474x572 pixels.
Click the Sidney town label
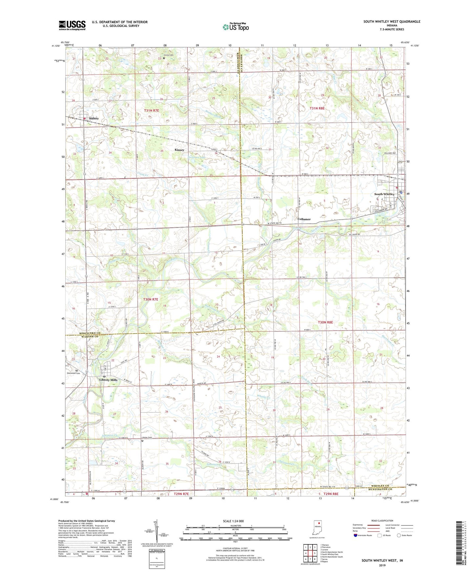click(94, 118)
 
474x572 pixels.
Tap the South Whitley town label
click(384, 194)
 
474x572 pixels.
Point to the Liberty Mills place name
click(108, 380)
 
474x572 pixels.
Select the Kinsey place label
click(179, 150)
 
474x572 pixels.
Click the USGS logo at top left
click(72, 25)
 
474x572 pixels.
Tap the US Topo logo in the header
click(235, 27)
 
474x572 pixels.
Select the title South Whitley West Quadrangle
click(392, 22)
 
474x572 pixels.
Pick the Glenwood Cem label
click(73, 373)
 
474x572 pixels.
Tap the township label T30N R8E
click(325, 322)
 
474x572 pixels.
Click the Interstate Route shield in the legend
click(356, 535)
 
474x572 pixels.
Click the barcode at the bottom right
click(459, 544)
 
